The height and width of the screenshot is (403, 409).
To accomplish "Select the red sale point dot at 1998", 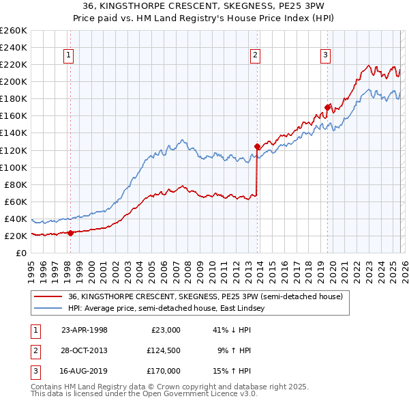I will [x=70, y=233].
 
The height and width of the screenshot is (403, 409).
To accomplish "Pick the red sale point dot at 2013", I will [x=257, y=146].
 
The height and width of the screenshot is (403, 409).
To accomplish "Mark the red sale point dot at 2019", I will [x=327, y=107].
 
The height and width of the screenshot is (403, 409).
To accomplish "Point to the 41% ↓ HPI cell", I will [x=232, y=330].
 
